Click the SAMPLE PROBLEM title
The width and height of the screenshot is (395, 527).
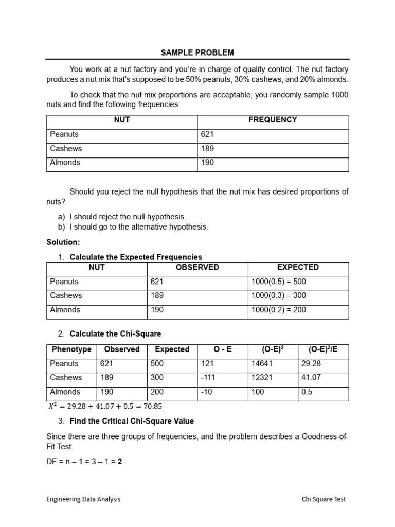coord(197,52)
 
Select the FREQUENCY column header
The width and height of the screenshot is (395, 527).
coord(273,120)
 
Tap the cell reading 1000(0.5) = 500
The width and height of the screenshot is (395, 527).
coord(278,282)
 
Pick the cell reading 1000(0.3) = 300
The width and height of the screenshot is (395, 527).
coord(278,296)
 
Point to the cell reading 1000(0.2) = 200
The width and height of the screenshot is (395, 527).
coord(278,310)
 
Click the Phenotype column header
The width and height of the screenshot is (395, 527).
coord(71,349)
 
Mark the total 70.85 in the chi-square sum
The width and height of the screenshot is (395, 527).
coord(152,406)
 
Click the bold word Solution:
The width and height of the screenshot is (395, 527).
coord(63,242)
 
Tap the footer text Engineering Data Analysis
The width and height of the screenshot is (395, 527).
coord(83,499)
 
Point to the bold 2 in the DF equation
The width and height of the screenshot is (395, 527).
coord(120,462)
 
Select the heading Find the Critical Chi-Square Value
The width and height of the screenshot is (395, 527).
coord(132,421)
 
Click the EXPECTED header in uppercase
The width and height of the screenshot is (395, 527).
coord(298,267)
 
